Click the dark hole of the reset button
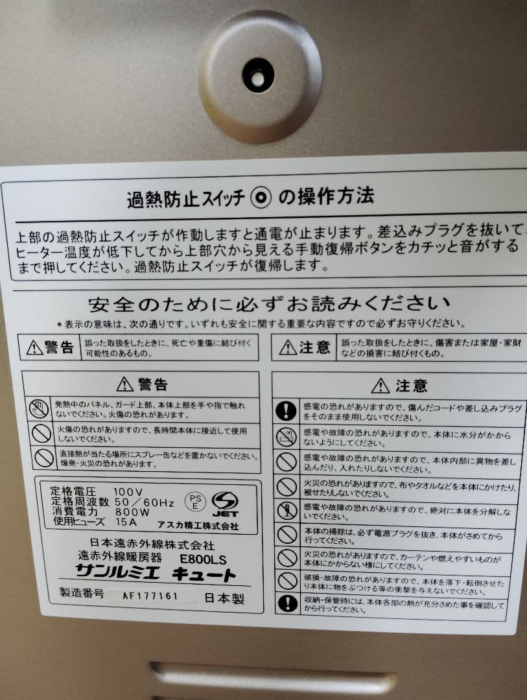point(258,75)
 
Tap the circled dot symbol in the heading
point(260,198)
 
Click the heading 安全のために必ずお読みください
point(268,303)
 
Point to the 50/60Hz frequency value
point(144,503)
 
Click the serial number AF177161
point(153,596)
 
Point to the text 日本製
point(224,598)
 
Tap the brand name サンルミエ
point(110,573)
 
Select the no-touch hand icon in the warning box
point(39,409)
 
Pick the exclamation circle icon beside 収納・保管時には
point(287,604)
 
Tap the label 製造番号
point(82,594)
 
